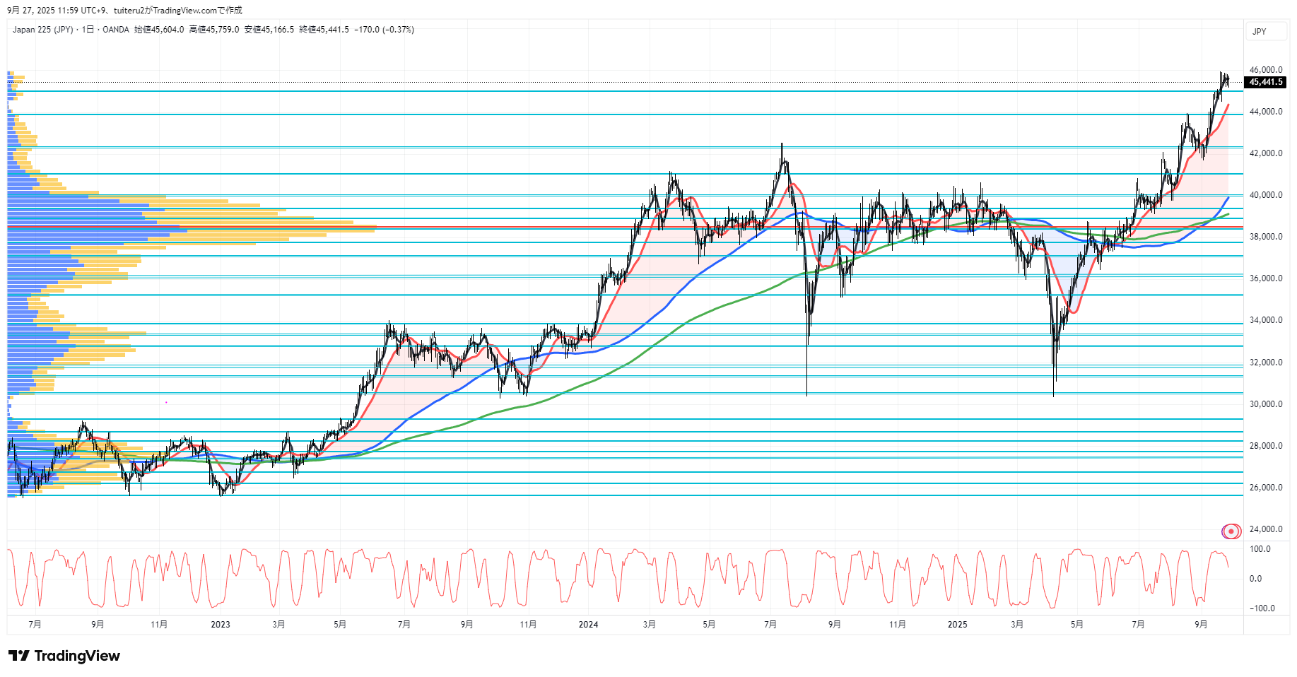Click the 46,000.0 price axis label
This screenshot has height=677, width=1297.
pyautogui.click(x=1265, y=70)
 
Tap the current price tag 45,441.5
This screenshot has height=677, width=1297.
pyautogui.click(x=1265, y=82)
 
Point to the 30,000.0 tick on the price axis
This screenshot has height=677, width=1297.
pyautogui.click(x=1265, y=404)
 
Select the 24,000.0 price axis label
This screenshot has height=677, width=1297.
pyautogui.click(x=1265, y=529)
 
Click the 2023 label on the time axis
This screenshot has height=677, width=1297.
pyautogui.click(x=221, y=625)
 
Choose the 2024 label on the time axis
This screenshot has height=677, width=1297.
pyautogui.click(x=588, y=625)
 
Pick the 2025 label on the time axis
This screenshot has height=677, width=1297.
pyautogui.click(x=957, y=625)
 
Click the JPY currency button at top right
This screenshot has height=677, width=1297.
pyautogui.click(x=1260, y=32)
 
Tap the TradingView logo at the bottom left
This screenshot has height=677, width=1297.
pyautogui.click(x=64, y=656)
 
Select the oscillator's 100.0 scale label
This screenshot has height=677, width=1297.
pyautogui.click(x=1260, y=549)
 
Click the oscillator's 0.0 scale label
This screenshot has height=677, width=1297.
pyautogui.click(x=1255, y=579)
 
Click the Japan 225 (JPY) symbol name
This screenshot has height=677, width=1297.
pyautogui.click(x=42, y=30)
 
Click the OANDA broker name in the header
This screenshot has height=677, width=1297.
pyautogui.click(x=116, y=30)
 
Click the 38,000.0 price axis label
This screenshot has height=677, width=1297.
pyautogui.click(x=1265, y=237)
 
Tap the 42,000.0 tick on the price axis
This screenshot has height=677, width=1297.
pyautogui.click(x=1265, y=153)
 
